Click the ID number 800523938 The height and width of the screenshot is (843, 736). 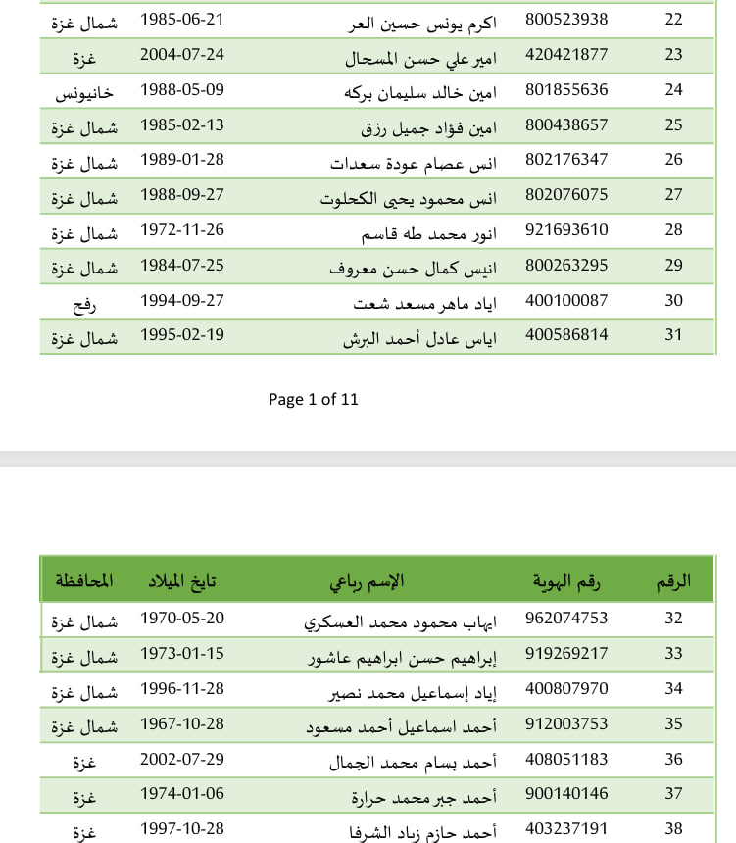(566, 20)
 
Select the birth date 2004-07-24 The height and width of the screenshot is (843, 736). (182, 55)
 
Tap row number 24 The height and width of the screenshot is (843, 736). (673, 90)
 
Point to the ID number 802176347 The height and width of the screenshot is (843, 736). (566, 160)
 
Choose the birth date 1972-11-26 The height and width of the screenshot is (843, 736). (182, 230)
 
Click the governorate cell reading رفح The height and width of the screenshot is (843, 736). (84, 302)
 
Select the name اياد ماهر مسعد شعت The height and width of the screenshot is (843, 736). (425, 302)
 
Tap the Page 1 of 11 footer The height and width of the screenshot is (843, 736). (314, 399)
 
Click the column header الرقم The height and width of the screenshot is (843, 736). (673, 580)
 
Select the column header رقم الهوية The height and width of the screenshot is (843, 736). (566, 580)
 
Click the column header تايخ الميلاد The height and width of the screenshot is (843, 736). (178, 580)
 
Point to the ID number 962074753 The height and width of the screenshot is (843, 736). (566, 618)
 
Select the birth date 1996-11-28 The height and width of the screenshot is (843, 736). (182, 688)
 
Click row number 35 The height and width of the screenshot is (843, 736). (673, 724)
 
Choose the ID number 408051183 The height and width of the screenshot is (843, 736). (566, 760)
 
